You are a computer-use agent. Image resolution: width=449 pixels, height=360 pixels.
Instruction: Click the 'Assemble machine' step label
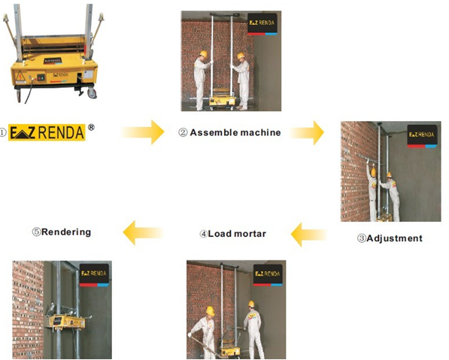[235, 132]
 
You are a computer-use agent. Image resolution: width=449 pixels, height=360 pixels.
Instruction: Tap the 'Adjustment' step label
[394, 238]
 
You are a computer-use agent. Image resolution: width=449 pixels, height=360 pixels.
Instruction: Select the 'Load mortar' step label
[237, 234]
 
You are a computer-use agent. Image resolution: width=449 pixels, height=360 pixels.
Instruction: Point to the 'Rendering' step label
[66, 231]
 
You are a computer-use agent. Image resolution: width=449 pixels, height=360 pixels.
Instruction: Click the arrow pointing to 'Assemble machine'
[143, 132]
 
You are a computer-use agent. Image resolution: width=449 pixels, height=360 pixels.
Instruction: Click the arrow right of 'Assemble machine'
[307, 133]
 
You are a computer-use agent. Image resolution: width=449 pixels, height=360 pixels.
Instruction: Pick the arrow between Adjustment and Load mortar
[308, 234]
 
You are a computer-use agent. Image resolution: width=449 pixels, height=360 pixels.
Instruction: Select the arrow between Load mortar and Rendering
[143, 232]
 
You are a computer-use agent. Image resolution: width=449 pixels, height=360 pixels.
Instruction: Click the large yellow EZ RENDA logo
[47, 132]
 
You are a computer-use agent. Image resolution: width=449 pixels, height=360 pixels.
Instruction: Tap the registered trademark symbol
[91, 127]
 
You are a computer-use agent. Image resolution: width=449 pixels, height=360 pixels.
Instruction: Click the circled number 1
[3, 132]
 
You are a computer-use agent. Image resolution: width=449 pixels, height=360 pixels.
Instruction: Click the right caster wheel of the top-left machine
[92, 93]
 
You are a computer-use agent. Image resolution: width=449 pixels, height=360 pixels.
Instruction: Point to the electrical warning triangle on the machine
[20, 76]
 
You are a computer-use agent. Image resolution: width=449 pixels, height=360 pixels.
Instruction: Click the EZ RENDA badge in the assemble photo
[262, 24]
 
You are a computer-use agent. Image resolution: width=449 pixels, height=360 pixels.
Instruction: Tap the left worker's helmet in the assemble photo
[203, 54]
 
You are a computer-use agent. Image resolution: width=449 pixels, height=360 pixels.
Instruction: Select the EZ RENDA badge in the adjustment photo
[422, 136]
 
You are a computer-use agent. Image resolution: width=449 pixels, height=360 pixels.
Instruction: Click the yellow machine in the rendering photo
[67, 322]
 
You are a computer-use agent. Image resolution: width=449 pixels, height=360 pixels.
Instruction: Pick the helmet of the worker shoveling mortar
[210, 311]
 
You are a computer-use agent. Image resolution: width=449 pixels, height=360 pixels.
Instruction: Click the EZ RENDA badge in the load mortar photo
[268, 275]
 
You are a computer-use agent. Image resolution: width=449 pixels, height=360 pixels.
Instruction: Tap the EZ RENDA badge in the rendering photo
[94, 275]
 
